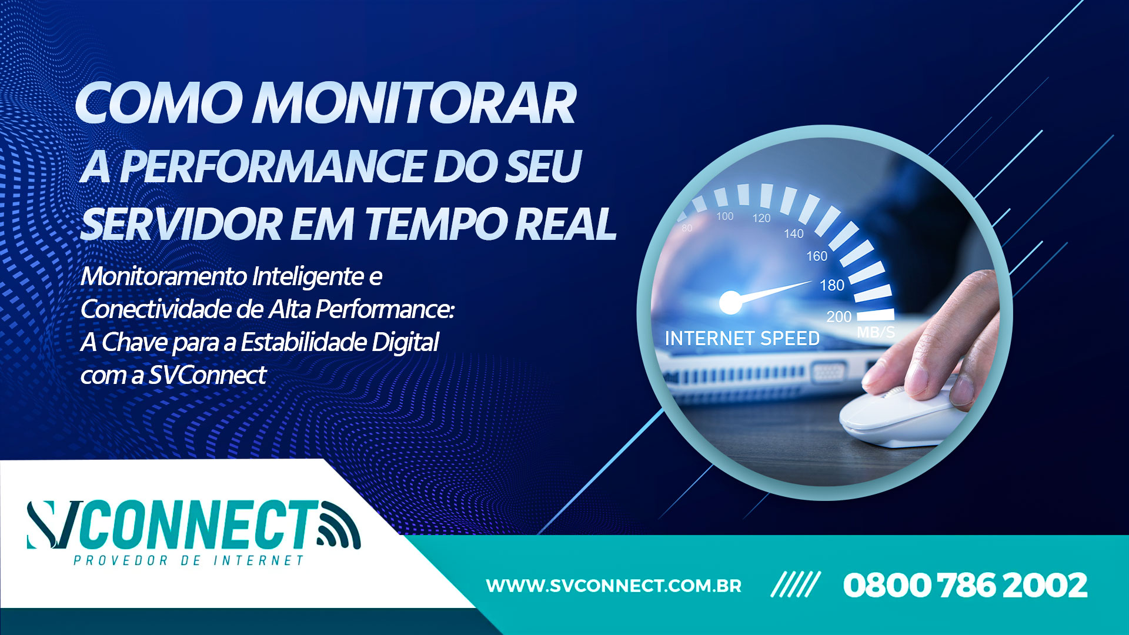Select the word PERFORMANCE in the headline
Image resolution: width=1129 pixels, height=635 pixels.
[272, 166]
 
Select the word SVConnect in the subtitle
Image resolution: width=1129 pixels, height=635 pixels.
[207, 375]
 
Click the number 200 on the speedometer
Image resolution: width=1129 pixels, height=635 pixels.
[839, 316]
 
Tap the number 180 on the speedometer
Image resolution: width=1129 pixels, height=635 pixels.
[831, 285]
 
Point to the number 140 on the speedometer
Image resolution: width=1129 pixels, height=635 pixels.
[793, 233]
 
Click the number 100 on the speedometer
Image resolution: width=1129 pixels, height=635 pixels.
[724, 216]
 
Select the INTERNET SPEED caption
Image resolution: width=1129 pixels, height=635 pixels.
[742, 339]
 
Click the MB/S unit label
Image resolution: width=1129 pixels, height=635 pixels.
[876, 332]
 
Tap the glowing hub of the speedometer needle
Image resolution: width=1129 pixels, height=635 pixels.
[730, 302]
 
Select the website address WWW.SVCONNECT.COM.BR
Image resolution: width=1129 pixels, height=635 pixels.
[613, 586]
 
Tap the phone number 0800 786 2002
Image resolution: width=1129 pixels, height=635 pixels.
[964, 586]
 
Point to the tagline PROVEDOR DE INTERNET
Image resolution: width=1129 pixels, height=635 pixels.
[188, 561]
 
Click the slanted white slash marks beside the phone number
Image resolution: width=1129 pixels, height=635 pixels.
[795, 585]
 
